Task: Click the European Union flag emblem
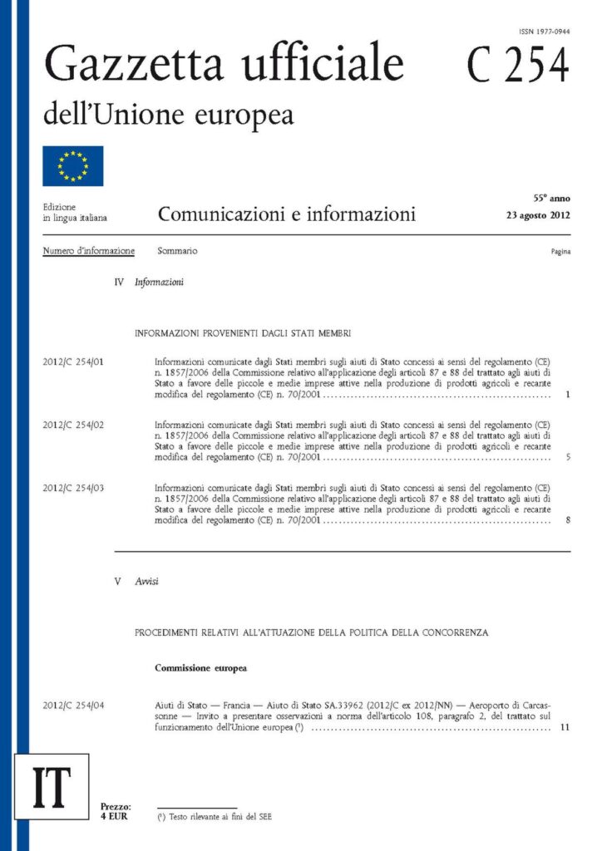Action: pos(73,165)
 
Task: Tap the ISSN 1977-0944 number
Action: pos(544,31)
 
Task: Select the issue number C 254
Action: pos(517,66)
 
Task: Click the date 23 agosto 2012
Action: pos(538,215)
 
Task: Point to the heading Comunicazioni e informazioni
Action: pos(286,215)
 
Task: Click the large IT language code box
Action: pos(51,786)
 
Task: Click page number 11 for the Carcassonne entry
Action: pos(565,728)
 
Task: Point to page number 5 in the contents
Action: pos(566,457)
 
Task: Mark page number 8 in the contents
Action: pos(566,520)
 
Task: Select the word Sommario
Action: pos(177,251)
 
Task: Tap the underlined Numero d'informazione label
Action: pos(88,251)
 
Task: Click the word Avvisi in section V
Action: pos(146,582)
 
